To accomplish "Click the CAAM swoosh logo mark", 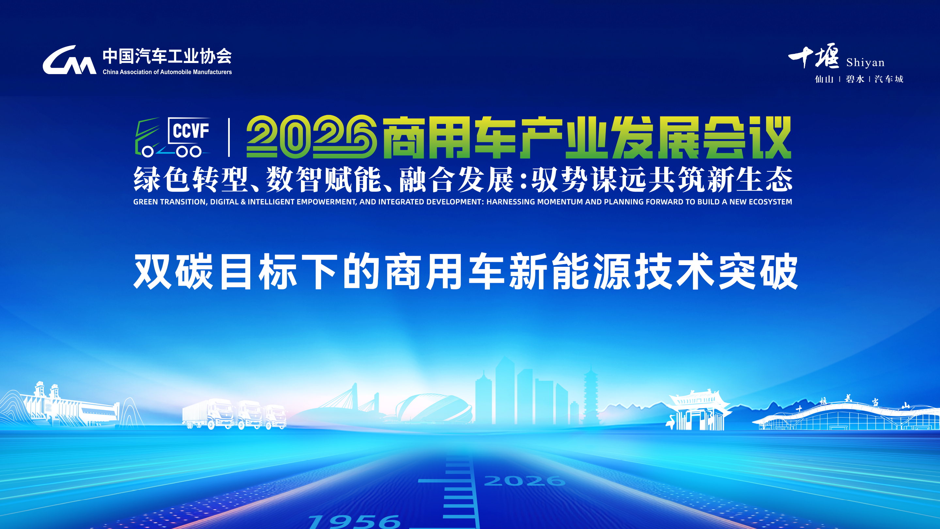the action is [x=69, y=60].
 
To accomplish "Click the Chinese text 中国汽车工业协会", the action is [x=167, y=56].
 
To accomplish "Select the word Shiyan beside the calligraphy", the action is [x=865, y=63].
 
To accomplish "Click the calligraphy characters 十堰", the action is [x=814, y=56].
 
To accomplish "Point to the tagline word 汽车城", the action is [x=888, y=79].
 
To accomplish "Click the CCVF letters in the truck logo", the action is [x=191, y=130].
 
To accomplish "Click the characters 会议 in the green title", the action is [x=747, y=137].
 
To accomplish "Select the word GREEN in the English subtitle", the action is [x=145, y=202].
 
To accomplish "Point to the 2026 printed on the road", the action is [x=525, y=480].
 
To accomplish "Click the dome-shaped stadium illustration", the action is [x=434, y=408].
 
